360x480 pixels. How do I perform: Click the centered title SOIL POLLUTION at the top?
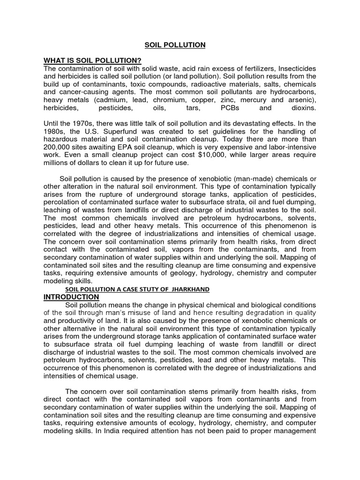pyautogui.click(x=174, y=45)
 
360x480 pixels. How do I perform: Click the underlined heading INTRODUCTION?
pyautogui.click(x=71, y=297)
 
